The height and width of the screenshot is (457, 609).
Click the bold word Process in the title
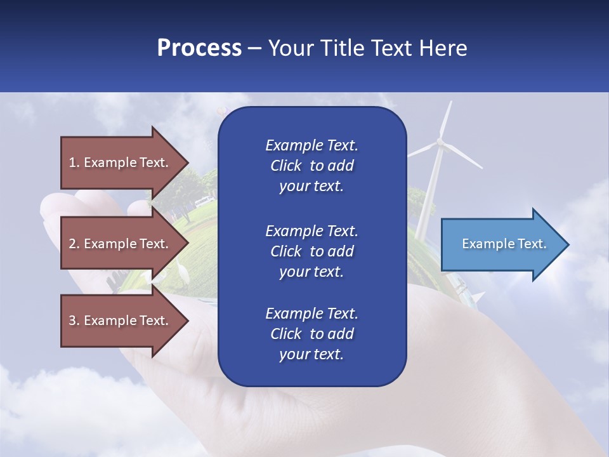(x=199, y=48)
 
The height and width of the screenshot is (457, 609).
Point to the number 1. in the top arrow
(x=74, y=162)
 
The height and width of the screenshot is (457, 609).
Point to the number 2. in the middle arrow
(x=74, y=244)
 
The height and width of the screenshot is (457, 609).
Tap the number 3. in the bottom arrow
(x=74, y=321)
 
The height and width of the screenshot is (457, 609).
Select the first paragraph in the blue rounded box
(x=311, y=166)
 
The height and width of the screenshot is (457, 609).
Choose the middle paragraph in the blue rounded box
(x=311, y=251)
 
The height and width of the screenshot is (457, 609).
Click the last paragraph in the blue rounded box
(x=311, y=334)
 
